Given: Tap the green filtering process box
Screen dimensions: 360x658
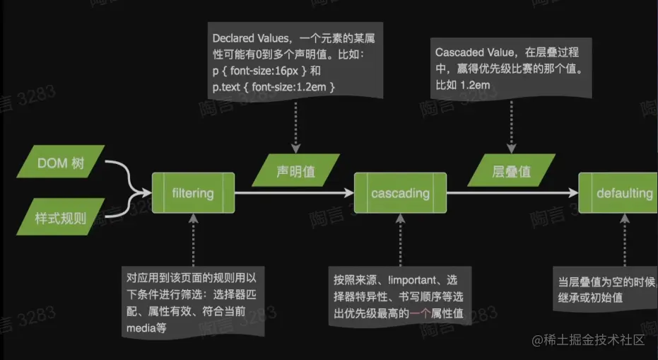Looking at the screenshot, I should (193, 192).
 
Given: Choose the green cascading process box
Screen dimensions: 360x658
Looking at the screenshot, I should (400, 192).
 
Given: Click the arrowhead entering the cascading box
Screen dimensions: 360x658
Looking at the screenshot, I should (359, 192).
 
